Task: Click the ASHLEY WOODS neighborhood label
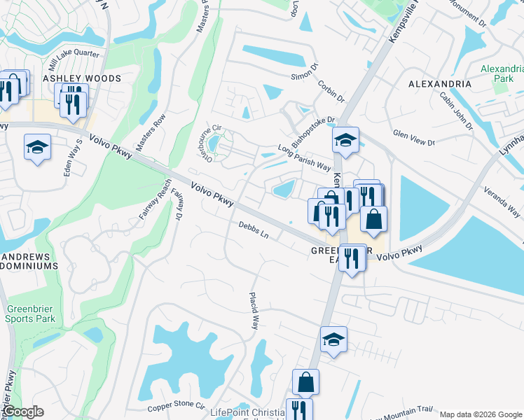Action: click(83, 79)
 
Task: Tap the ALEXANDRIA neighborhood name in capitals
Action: click(440, 84)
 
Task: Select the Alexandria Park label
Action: click(502, 73)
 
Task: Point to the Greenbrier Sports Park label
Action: click(31, 314)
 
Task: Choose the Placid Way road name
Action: click(255, 311)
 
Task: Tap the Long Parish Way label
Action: click(304, 157)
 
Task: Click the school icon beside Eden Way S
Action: click(37, 147)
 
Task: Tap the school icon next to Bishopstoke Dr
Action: click(345, 140)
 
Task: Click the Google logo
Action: click(22, 412)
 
